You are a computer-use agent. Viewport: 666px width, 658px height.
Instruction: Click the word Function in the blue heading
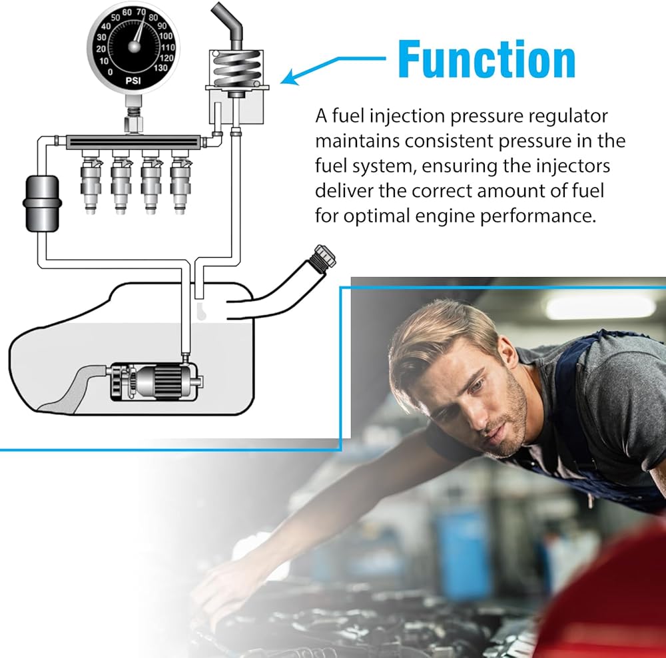[x=487, y=59]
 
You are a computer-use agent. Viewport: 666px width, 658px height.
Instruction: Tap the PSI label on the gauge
[x=133, y=81]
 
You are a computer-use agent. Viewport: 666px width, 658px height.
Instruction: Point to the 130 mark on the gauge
[x=160, y=67]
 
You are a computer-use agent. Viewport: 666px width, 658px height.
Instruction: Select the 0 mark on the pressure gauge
[x=110, y=72]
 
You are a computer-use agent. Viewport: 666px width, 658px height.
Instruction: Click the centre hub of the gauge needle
[x=135, y=47]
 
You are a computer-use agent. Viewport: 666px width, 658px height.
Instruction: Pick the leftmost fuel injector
[x=91, y=182]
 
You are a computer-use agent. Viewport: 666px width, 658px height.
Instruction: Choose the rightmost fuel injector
[x=180, y=182]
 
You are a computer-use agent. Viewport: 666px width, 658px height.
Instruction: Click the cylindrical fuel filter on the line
[x=41, y=204]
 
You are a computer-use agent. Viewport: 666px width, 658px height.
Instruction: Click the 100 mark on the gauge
[x=166, y=36]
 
